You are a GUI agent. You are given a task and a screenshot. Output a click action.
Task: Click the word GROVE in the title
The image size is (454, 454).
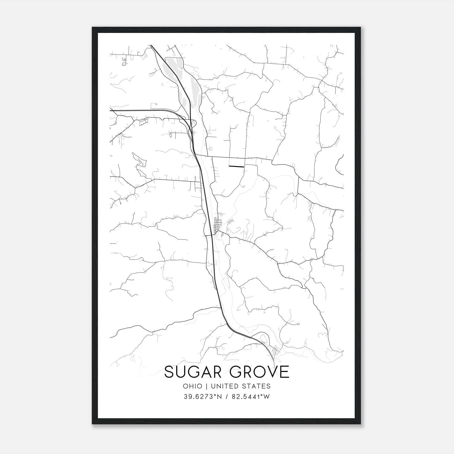[x=259, y=372]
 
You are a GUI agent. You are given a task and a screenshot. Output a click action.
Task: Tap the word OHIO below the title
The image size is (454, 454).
[x=193, y=386]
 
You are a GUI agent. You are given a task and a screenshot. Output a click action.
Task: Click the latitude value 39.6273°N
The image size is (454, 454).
[x=202, y=397]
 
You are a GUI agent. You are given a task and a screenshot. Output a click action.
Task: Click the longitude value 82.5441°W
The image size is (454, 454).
[x=251, y=397]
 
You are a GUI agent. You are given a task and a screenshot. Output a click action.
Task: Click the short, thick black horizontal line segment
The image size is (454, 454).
[x=236, y=166]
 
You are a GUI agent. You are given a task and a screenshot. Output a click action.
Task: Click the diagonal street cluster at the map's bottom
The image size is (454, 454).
[x=276, y=349]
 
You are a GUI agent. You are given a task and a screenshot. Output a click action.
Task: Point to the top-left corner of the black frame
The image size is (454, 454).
[x=93, y=28]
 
